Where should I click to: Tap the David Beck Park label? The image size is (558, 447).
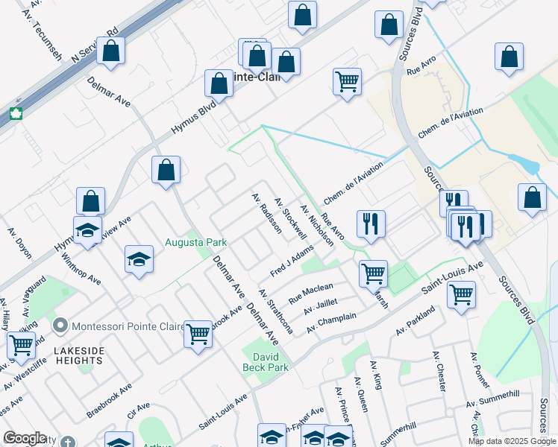click(x=265, y=361)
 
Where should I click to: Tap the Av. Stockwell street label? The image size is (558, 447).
click(x=290, y=218)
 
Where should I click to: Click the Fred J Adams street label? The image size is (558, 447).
click(x=292, y=264)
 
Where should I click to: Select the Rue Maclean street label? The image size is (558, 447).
click(x=316, y=288)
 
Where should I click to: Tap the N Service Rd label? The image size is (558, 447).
click(x=95, y=46)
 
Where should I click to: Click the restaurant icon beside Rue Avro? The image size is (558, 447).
click(x=370, y=223)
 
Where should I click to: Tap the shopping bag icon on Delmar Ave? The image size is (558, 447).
click(x=166, y=170)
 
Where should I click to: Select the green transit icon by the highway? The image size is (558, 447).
click(x=15, y=114)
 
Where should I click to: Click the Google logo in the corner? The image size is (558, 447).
click(x=24, y=439)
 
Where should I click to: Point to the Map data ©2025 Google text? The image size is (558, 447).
click(x=511, y=441)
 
